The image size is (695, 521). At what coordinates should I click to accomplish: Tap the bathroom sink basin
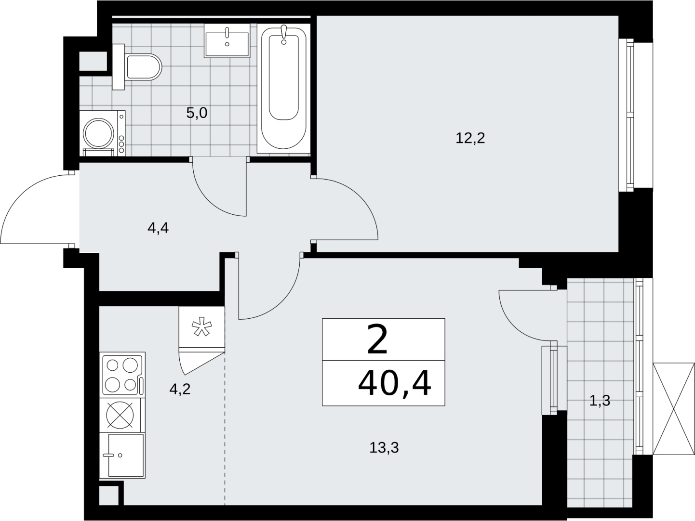coord(227,40)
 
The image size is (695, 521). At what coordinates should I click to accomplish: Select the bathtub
coord(284,89)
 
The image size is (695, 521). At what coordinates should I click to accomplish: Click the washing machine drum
coord(98,133)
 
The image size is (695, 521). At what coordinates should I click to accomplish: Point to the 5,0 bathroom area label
coord(197,113)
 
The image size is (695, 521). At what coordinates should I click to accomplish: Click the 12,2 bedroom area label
coord(470,138)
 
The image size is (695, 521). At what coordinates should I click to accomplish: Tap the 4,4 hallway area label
coord(158,228)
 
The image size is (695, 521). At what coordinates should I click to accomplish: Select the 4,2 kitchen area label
coord(180,389)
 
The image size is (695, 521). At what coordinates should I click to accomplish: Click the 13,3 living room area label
coord(384,448)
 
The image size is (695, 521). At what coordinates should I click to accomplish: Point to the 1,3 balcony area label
coord(600,401)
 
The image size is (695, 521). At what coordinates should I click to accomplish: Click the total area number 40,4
coord(395,384)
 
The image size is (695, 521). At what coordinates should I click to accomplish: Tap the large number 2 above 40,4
coord(377,340)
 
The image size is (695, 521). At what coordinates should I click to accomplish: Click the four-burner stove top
coord(122,375)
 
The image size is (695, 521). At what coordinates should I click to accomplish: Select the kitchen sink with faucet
coord(122,455)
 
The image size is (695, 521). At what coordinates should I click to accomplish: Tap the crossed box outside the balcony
coord(674,409)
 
